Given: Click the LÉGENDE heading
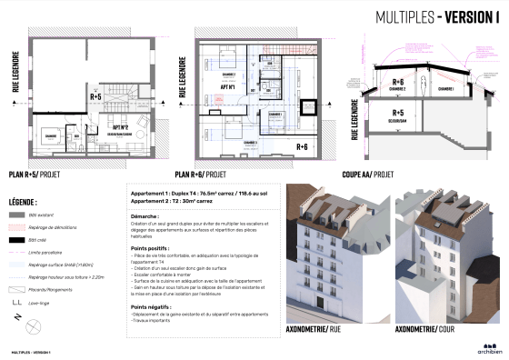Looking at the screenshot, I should (23, 200).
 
